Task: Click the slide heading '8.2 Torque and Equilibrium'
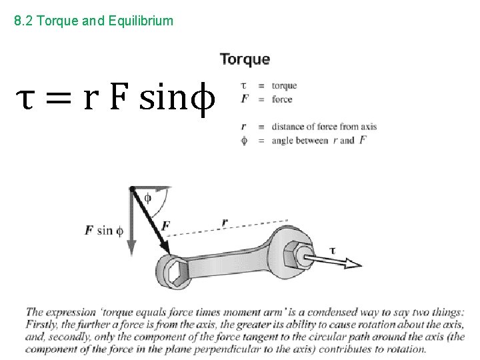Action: (93, 21)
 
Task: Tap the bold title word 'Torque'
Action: (245, 59)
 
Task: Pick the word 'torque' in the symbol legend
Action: (284, 85)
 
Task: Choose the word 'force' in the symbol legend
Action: (282, 99)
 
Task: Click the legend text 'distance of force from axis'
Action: (324, 127)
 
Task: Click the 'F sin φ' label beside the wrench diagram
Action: (104, 231)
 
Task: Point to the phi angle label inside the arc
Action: (147, 197)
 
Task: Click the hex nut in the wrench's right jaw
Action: (293, 252)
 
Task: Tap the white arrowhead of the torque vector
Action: (351, 263)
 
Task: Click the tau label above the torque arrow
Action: (333, 250)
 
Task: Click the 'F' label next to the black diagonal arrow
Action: (166, 226)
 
